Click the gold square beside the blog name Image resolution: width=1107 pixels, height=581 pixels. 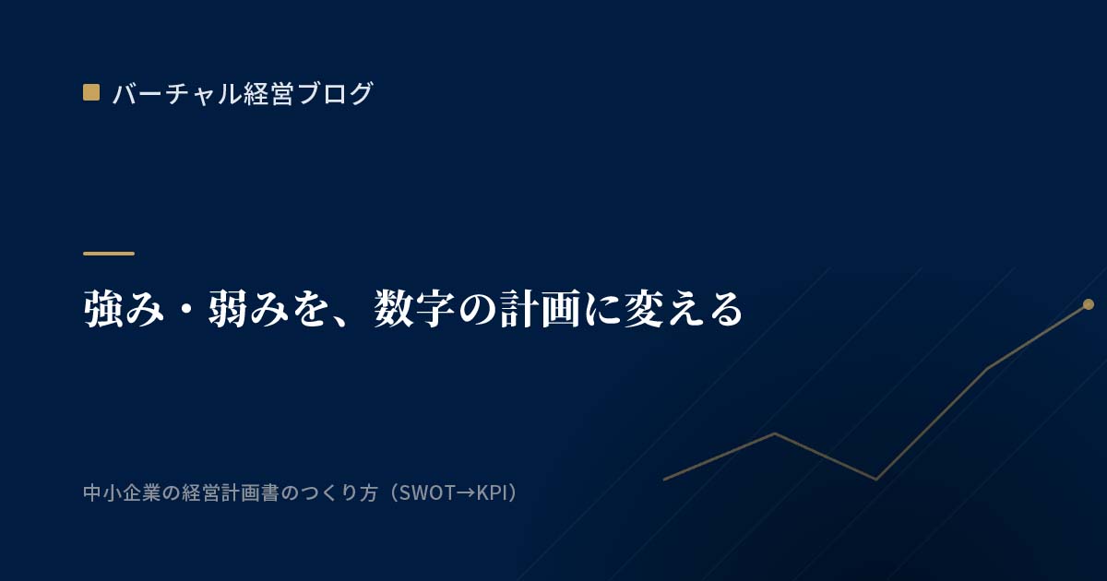click(x=91, y=92)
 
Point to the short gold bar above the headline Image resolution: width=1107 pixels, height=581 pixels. click(x=109, y=254)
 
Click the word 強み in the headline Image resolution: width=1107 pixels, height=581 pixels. click(x=124, y=309)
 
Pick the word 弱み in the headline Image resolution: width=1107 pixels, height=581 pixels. click(x=248, y=309)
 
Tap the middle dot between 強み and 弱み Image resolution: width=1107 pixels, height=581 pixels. click(x=186, y=311)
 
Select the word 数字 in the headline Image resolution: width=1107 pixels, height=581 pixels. click(x=414, y=309)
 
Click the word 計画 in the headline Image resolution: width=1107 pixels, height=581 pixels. click(x=541, y=309)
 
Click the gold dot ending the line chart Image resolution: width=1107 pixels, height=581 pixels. click(x=1089, y=304)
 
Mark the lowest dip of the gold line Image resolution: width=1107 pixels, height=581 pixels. click(x=875, y=479)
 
